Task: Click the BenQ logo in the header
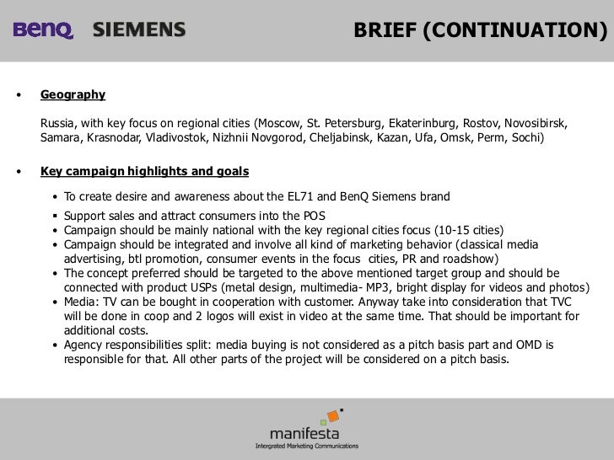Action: click(43, 30)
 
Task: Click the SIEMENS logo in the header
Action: click(139, 30)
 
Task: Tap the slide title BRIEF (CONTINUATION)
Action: click(480, 30)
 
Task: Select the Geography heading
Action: click(73, 95)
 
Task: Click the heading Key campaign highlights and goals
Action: click(144, 172)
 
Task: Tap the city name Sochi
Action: click(525, 136)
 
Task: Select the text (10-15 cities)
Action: click(465, 229)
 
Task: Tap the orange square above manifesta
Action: click(333, 415)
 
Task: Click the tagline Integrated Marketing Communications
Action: click(306, 447)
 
